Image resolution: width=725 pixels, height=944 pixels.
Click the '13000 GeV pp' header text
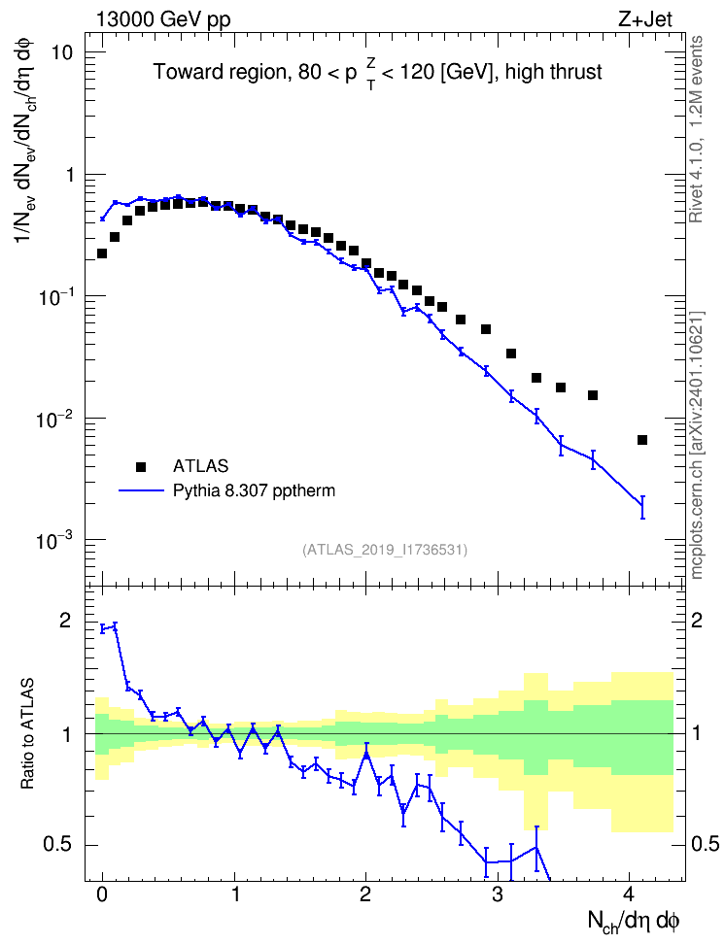click(162, 19)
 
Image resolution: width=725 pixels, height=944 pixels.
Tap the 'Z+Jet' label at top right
click(645, 19)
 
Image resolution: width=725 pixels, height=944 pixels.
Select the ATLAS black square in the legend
click(141, 466)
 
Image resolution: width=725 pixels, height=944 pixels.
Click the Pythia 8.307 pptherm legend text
click(254, 490)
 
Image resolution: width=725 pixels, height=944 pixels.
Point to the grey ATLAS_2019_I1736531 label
click(385, 549)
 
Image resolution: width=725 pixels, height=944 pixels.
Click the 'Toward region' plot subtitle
click(378, 73)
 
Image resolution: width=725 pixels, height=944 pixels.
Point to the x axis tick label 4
click(629, 894)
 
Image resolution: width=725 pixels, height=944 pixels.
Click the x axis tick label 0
click(102, 894)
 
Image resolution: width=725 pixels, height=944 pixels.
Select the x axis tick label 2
click(365, 894)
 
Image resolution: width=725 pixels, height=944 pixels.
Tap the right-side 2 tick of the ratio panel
click(697, 620)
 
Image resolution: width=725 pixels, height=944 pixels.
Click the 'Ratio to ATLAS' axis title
click(27, 733)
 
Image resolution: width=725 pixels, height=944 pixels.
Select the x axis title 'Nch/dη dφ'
click(634, 922)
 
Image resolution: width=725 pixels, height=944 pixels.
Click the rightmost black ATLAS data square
click(641, 440)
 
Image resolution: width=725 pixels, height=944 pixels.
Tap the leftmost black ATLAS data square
click(102, 253)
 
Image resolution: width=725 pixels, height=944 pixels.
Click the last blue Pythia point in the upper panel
click(642, 507)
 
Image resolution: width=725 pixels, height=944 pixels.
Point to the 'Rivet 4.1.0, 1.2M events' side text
click(696, 129)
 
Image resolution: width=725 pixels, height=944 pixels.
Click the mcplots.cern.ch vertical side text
click(696, 445)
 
